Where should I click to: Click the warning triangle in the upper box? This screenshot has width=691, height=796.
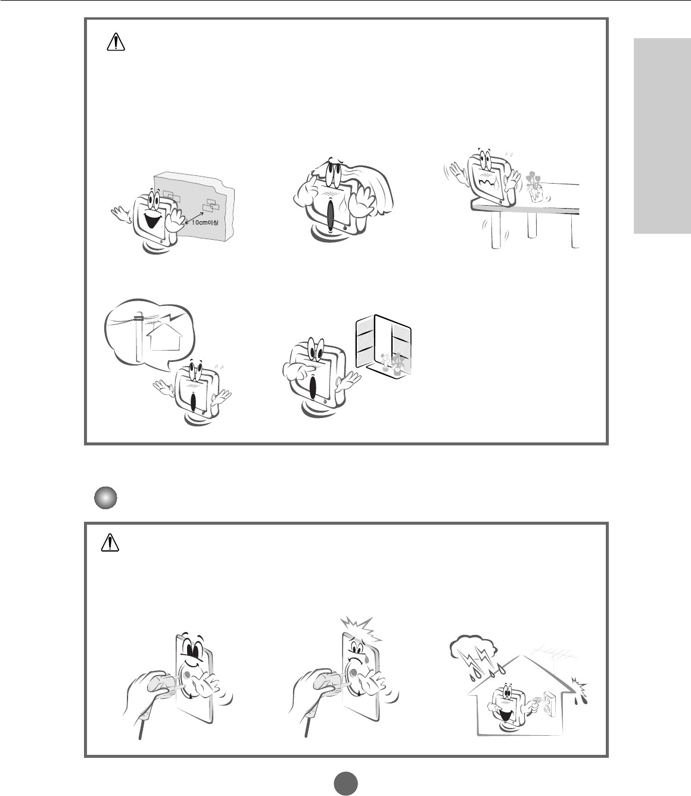[x=116, y=42]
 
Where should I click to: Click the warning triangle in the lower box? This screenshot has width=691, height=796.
[x=110, y=543]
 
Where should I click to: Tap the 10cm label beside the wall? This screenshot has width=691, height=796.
[x=205, y=222]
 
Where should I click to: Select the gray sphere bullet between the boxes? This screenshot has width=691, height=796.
[x=105, y=498]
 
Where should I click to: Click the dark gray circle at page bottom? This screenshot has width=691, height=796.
[x=346, y=783]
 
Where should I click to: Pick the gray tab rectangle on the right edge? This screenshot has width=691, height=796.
[x=662, y=136]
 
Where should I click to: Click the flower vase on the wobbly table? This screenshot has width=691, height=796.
[x=534, y=188]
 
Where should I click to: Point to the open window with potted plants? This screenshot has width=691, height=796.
[x=384, y=345]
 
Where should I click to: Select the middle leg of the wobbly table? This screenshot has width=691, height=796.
[x=532, y=224]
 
